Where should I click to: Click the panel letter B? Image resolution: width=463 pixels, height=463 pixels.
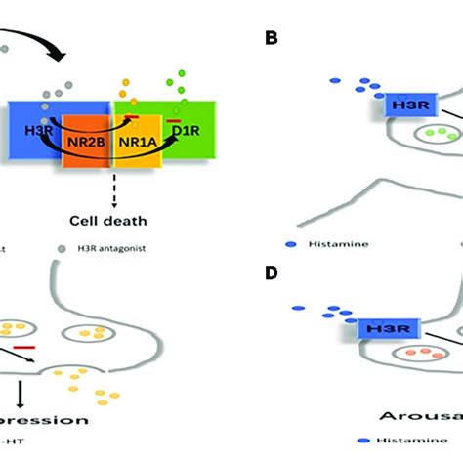[272, 38]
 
